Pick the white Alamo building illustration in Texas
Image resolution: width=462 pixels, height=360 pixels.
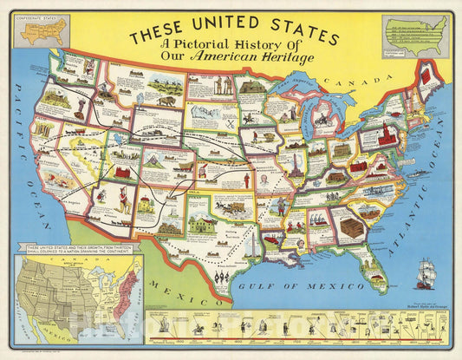[x=205, y=223]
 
